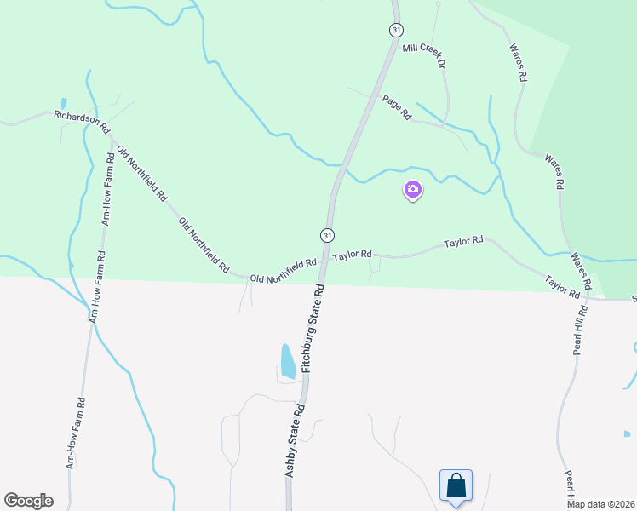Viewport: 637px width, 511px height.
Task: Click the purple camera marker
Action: coord(413,190)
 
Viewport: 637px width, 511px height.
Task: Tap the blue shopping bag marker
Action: coord(456,485)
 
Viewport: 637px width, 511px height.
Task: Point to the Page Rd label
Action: coord(397,106)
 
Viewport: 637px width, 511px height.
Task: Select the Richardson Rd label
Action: coord(82,121)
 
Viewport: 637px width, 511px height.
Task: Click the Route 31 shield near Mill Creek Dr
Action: coord(396,30)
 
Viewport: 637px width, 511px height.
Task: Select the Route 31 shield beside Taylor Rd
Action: coord(328,234)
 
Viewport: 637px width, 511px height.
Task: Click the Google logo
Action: coord(28,501)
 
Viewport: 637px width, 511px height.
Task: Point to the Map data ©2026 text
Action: coord(601,504)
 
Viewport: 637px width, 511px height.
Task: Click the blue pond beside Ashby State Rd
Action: coord(288,361)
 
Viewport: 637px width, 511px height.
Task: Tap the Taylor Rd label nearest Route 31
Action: coord(353,255)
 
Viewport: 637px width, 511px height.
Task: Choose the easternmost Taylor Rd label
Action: coord(562,285)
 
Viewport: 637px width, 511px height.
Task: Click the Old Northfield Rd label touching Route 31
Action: coord(283,272)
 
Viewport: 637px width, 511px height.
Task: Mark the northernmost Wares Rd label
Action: coord(518,62)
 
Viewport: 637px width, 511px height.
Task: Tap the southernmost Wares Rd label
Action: coord(581,271)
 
